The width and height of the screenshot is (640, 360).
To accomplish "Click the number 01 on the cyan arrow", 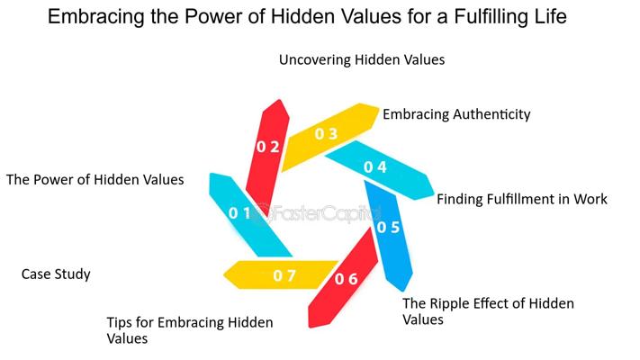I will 239,213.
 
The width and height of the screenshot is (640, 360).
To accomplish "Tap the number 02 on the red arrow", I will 267,147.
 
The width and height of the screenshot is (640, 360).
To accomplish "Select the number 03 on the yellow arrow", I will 326,134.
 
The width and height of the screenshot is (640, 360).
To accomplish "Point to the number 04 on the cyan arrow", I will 375,167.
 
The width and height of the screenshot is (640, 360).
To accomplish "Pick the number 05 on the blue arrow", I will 388,227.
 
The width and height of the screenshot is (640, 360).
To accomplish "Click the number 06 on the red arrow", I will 347,279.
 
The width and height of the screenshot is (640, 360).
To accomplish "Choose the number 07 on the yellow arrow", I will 284,275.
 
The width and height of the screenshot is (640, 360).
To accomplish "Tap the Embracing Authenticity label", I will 456,114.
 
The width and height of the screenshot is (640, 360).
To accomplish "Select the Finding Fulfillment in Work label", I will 522,199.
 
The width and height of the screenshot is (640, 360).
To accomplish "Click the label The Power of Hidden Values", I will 95,179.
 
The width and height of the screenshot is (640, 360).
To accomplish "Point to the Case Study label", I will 56,274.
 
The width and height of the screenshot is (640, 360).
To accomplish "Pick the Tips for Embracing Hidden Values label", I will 189,330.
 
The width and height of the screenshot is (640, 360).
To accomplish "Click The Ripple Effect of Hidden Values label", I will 487,310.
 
